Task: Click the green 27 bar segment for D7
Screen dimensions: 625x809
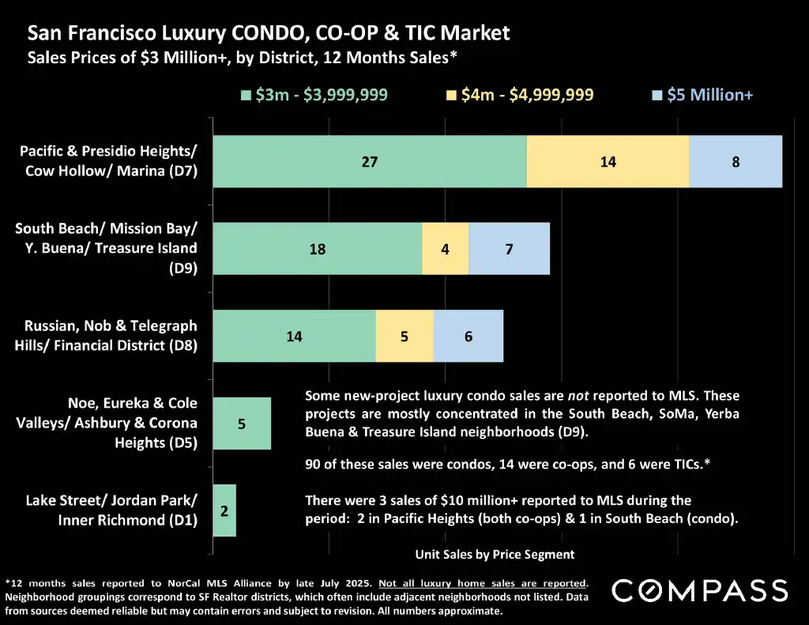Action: (370, 161)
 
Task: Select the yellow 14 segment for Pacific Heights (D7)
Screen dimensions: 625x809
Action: (608, 161)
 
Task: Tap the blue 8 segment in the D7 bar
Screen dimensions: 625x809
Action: (736, 161)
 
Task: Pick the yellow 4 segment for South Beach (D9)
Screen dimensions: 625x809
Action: (446, 248)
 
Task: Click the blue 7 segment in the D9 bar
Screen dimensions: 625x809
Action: (510, 248)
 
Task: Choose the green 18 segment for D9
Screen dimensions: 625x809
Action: (318, 248)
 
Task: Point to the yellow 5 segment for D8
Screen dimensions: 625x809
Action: (404, 336)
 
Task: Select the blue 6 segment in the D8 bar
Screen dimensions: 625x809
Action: (468, 336)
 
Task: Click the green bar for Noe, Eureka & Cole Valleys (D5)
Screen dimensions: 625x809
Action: (242, 423)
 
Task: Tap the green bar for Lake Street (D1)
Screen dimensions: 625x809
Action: (224, 510)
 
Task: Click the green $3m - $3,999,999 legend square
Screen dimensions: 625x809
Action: (245, 96)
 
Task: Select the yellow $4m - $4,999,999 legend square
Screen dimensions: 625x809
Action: (452, 96)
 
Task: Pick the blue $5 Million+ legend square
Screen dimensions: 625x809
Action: (657, 96)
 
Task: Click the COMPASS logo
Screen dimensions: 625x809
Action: (700, 590)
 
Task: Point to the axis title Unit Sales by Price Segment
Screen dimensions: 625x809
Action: (495, 554)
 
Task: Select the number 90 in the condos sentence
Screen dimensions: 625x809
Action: (314, 465)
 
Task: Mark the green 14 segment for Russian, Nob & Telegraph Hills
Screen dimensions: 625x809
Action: (294, 336)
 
